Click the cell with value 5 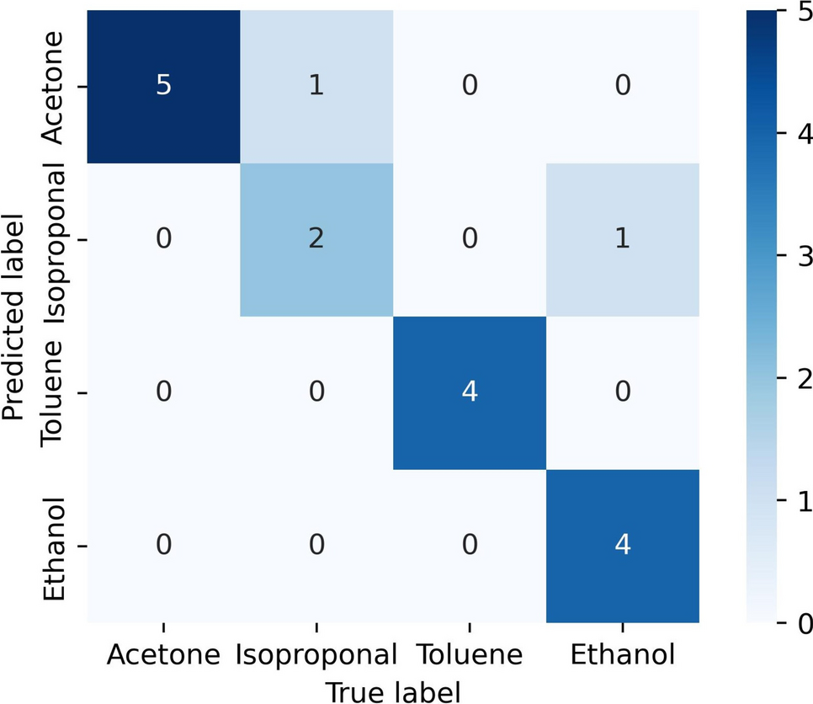163,88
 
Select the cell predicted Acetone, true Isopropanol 316,88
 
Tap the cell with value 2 316,240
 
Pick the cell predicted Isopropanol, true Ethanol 623,240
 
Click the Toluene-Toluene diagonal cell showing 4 470,393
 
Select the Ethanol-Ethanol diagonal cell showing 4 623,547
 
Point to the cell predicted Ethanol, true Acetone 163,547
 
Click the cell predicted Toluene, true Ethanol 623,393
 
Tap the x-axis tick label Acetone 163,655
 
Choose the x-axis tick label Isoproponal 316,655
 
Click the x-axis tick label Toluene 470,655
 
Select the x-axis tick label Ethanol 623,655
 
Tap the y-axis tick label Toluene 52,393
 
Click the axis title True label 393,691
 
